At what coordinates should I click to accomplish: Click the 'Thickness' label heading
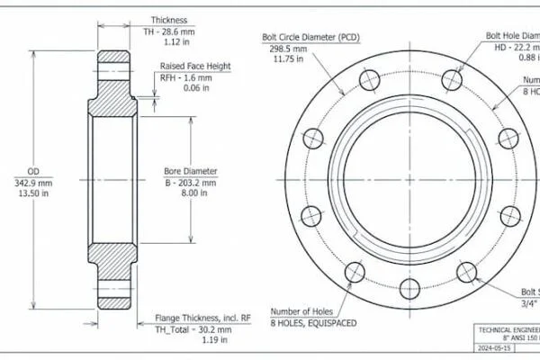point(168,19)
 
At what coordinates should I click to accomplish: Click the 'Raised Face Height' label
point(195,67)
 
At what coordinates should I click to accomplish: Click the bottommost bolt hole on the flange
point(409,289)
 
